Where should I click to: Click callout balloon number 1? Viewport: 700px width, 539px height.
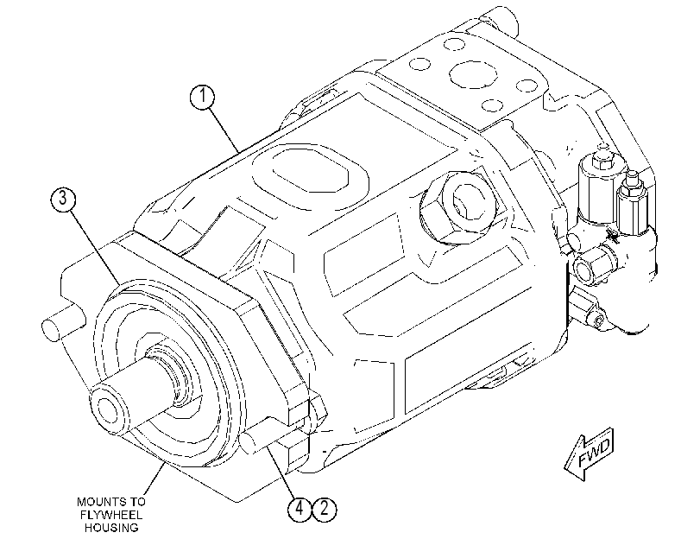[x=202, y=97]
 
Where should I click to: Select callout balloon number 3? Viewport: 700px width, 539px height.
[x=63, y=199]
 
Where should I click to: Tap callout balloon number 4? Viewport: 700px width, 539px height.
[x=300, y=509]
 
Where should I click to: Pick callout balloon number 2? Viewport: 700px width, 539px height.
[x=325, y=509]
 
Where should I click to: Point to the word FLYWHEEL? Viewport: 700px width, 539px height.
[x=111, y=515]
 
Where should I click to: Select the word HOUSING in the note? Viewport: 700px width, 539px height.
[x=111, y=528]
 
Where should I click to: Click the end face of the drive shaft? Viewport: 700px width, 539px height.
[x=109, y=408]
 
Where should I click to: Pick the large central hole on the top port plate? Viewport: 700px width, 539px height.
[x=473, y=74]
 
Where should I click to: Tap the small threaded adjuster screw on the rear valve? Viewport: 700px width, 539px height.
[x=632, y=179]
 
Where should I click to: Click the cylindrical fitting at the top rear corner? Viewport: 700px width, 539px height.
[x=500, y=19]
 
